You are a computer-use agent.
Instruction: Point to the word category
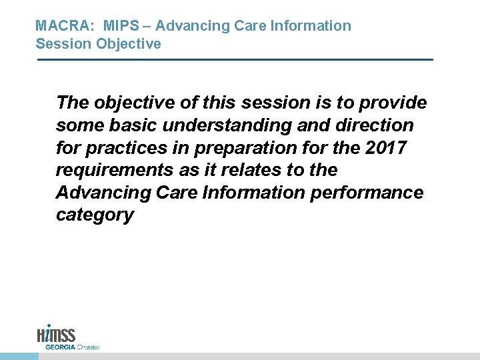(95, 215)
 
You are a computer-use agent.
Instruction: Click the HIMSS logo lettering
(57, 334)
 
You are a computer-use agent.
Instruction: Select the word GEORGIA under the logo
(59, 347)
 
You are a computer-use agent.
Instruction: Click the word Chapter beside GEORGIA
(87, 347)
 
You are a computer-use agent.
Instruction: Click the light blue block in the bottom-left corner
(19, 356)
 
